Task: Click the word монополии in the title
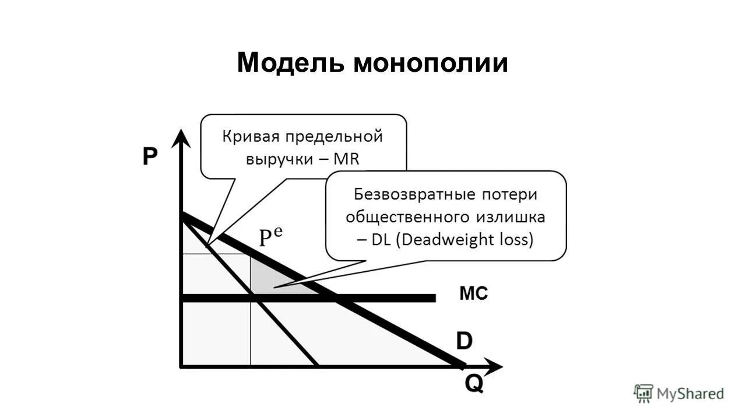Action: (430, 63)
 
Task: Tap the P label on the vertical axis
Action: (150, 157)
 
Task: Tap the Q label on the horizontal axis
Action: (473, 384)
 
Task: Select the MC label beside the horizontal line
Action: (473, 293)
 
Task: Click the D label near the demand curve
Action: (464, 341)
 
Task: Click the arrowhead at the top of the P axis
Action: (182, 138)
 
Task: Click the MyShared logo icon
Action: (643, 393)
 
